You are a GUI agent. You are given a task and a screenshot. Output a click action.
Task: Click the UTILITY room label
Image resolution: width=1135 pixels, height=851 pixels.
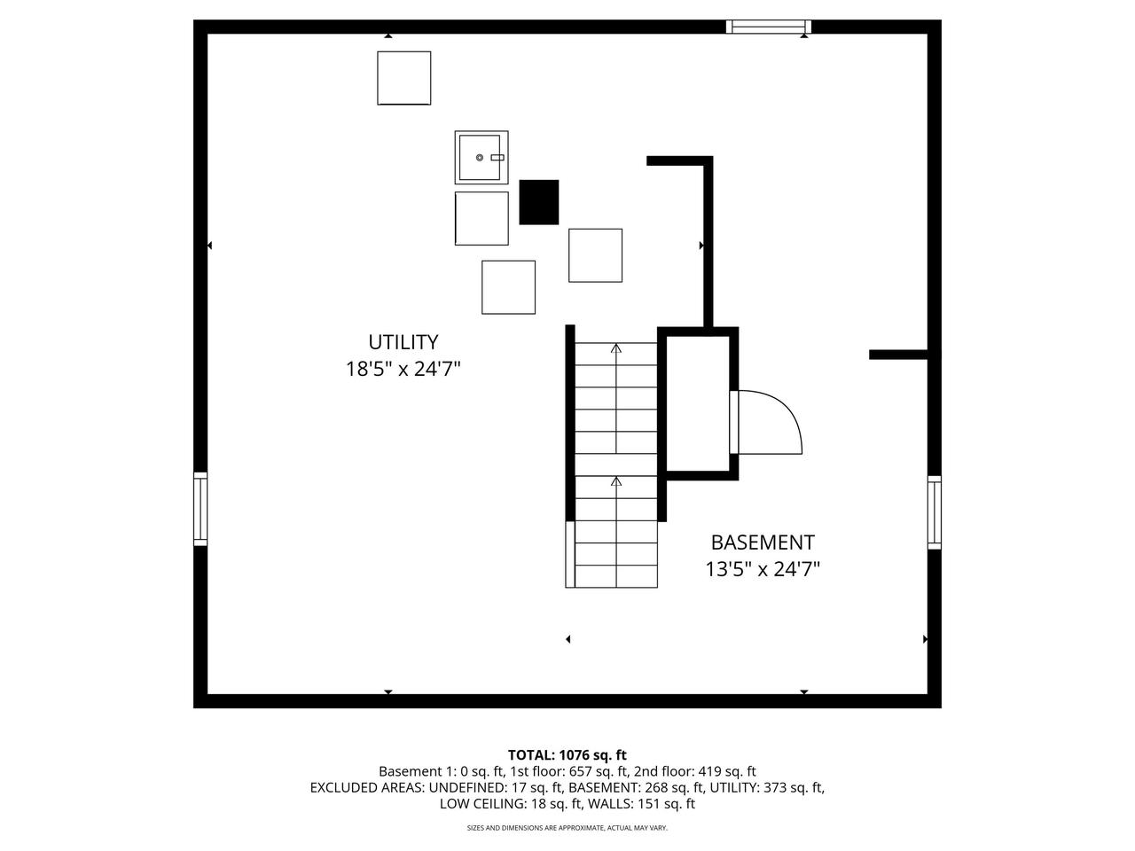pos(403,342)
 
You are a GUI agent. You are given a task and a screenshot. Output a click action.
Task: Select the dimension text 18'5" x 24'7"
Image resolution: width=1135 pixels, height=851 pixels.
pos(403,370)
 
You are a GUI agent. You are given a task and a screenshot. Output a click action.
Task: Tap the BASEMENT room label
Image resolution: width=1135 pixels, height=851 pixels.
pos(762,543)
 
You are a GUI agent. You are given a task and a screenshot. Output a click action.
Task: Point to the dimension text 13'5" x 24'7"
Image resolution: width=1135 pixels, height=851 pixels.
pos(762,570)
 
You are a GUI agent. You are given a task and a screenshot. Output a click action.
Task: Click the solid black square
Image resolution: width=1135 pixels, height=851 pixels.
pos(538,202)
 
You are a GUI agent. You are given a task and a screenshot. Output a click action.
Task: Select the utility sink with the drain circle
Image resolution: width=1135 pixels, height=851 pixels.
pos(481,157)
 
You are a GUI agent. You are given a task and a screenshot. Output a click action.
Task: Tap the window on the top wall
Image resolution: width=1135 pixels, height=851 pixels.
pos(768,27)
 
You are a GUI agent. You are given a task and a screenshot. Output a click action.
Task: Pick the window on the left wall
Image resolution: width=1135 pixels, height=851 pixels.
pos(200,509)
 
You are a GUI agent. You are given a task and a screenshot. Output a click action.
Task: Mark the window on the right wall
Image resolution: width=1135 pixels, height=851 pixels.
pos(934,512)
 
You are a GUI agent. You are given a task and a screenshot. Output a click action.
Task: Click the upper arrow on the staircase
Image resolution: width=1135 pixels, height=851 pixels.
pos(615,348)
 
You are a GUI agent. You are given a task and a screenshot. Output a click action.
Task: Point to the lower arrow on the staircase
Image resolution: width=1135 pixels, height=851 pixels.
pos(615,482)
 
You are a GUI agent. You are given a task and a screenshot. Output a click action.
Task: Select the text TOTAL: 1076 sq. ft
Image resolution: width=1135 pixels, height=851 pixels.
pos(567,755)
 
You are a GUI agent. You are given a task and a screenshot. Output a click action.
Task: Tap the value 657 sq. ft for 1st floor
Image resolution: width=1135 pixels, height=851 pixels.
pos(599,771)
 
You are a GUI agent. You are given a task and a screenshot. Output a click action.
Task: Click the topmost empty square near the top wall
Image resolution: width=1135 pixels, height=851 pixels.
pos(403,78)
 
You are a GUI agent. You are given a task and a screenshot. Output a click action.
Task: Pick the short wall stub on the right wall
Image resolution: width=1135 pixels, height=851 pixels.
pos(897,355)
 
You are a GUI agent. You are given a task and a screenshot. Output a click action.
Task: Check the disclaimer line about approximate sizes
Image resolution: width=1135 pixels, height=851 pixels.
pos(567,828)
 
